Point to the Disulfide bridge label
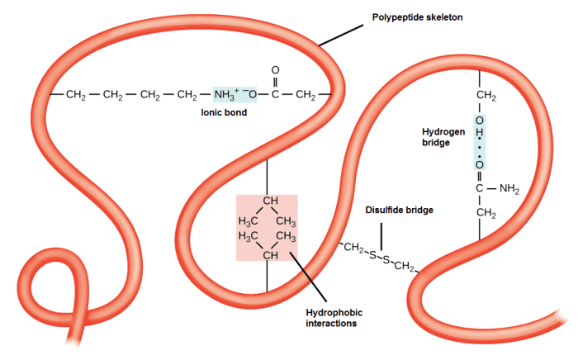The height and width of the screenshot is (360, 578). click(399, 210)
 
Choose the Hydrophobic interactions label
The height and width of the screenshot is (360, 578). click(334, 318)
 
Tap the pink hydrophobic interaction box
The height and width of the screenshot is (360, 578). click(267, 228)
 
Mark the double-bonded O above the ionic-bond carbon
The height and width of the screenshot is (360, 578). click(275, 72)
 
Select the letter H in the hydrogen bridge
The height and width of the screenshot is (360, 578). click(479, 136)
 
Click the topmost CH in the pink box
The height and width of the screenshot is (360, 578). click(268, 201)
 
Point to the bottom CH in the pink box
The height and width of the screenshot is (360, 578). click(268, 254)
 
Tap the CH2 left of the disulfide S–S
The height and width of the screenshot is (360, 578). click(354, 248)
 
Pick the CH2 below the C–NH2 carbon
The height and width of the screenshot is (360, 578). click(485, 216)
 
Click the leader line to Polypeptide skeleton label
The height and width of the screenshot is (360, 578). click(341, 35)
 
